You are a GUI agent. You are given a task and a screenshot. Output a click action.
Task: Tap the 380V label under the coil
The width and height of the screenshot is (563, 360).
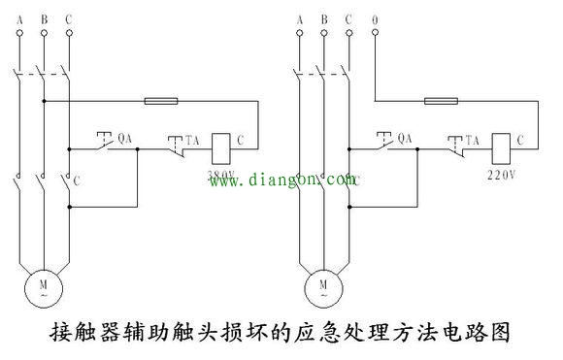click(x=221, y=174)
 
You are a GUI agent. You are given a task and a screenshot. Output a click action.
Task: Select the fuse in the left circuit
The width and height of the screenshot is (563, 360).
click(x=159, y=100)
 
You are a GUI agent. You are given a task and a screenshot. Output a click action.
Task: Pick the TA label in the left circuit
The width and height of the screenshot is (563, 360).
click(x=193, y=140)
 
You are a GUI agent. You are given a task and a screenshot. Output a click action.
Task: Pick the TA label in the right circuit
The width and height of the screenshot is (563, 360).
click(x=474, y=140)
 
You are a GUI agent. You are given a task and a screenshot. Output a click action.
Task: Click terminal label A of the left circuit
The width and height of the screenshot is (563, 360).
click(x=19, y=17)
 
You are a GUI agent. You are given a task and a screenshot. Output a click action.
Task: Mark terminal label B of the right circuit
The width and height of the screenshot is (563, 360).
click(x=323, y=17)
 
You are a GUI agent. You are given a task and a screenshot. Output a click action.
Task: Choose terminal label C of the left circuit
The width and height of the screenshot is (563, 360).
click(x=67, y=17)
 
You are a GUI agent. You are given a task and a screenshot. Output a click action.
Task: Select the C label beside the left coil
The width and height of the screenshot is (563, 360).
click(x=241, y=140)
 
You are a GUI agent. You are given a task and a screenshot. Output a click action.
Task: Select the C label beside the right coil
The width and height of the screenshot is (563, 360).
click(x=521, y=140)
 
